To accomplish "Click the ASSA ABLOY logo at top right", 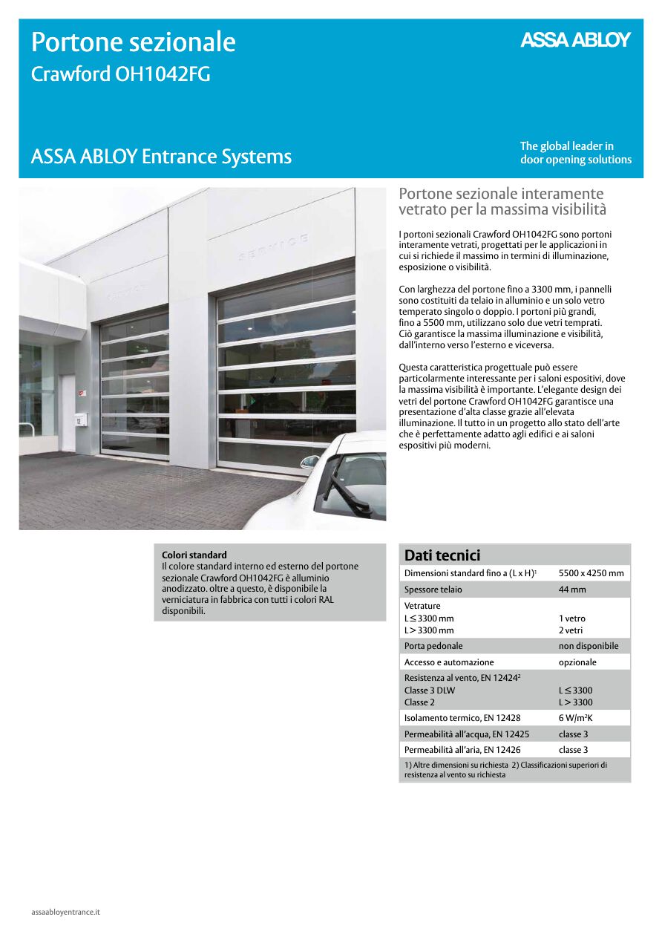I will pyautogui.click(x=575, y=40).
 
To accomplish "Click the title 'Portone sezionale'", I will pyautogui.click(x=134, y=42).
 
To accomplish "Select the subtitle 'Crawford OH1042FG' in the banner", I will pyautogui.click(x=121, y=75).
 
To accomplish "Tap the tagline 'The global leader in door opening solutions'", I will pyautogui.click(x=575, y=153).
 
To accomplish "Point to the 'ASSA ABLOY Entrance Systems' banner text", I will pyautogui.click(x=161, y=157).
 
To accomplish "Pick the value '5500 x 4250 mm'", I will pyautogui.click(x=591, y=573).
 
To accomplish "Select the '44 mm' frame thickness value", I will pyautogui.click(x=572, y=590).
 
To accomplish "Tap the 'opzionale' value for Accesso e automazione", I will pyautogui.click(x=577, y=662).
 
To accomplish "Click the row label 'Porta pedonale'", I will pyautogui.click(x=433, y=646).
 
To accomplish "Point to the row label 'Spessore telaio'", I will pyautogui.click(x=433, y=590).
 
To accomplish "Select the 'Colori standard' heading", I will pyautogui.click(x=194, y=555).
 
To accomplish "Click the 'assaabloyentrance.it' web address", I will pyautogui.click(x=65, y=911).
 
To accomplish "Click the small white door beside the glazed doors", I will pyautogui.click(x=68, y=412).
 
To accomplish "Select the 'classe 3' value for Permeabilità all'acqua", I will pyautogui.click(x=573, y=734).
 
